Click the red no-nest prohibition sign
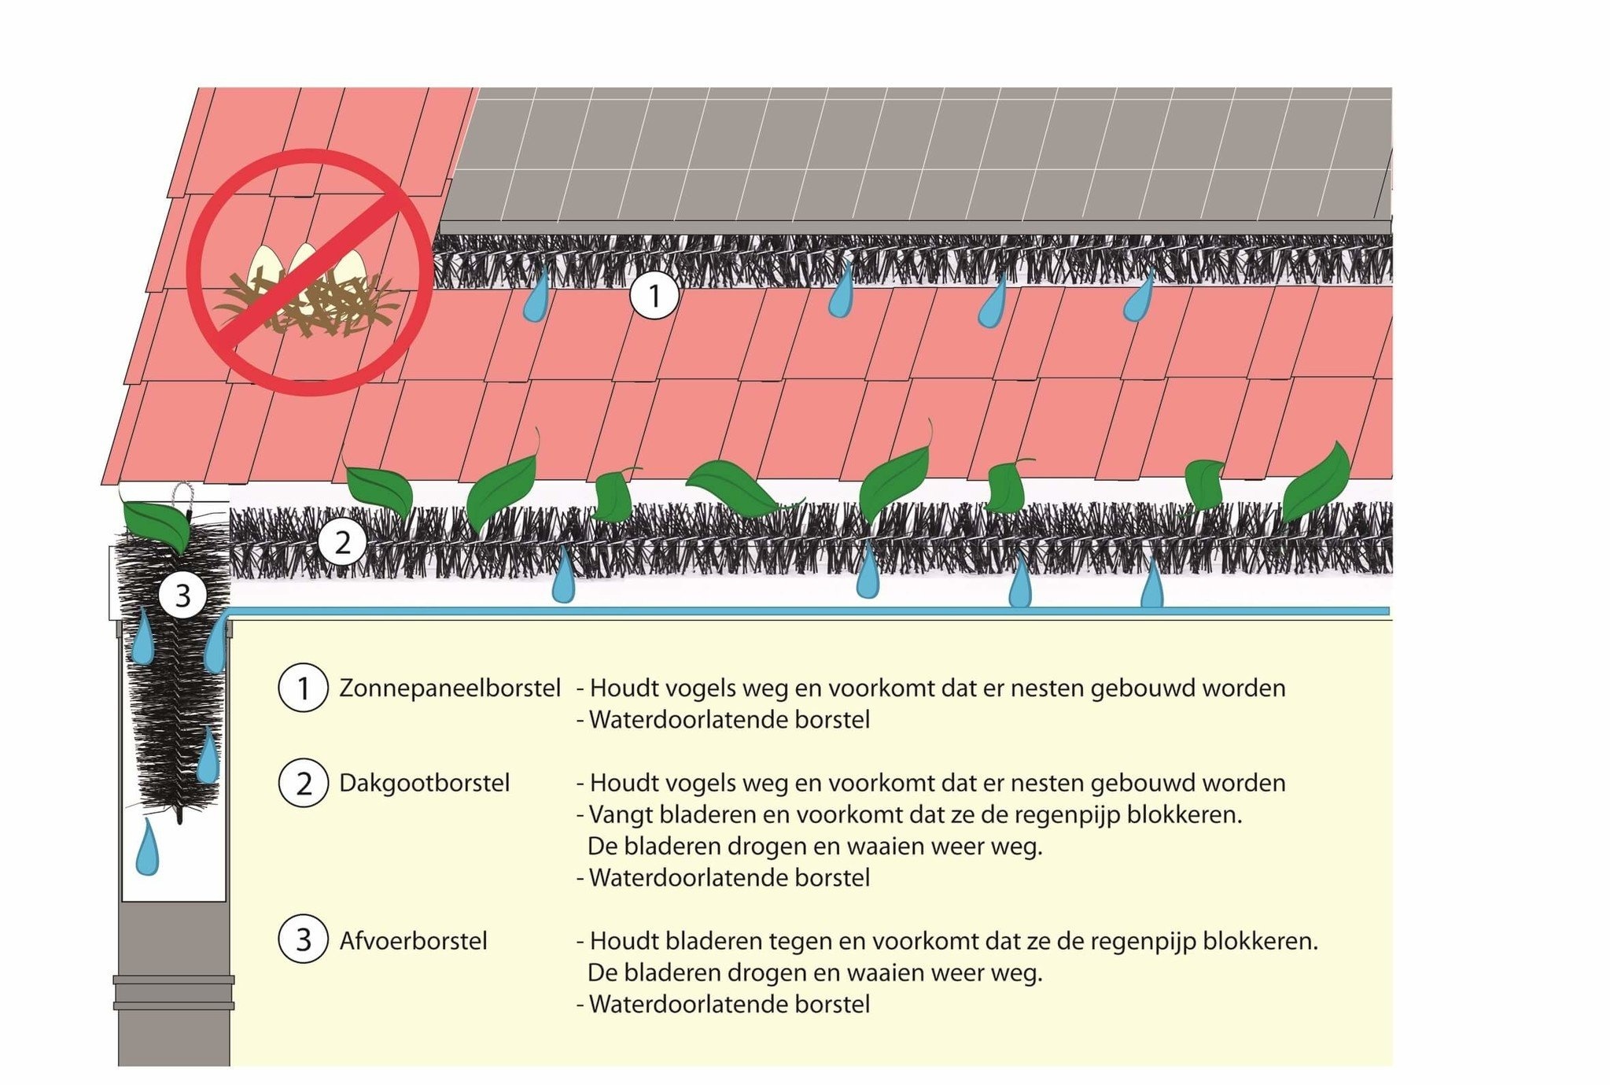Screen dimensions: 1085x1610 click(x=310, y=271)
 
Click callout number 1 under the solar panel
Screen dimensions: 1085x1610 click(x=654, y=297)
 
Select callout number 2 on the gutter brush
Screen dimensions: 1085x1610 click(x=342, y=543)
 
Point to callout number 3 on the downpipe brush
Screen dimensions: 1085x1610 click(x=182, y=596)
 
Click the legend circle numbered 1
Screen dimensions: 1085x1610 click(x=303, y=688)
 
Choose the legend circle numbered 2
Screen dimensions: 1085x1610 click(x=303, y=784)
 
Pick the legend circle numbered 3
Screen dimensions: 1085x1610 click(x=303, y=940)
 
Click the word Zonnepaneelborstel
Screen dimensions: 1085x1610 click(x=450, y=688)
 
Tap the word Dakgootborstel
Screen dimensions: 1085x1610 click(x=425, y=784)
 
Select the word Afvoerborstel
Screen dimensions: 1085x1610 click(x=414, y=941)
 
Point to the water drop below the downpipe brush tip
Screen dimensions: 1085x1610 click(x=147, y=848)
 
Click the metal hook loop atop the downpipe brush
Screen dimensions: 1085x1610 click(x=182, y=493)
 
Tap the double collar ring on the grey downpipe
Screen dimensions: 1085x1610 click(x=174, y=993)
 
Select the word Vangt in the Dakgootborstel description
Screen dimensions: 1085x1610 click(x=617, y=815)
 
